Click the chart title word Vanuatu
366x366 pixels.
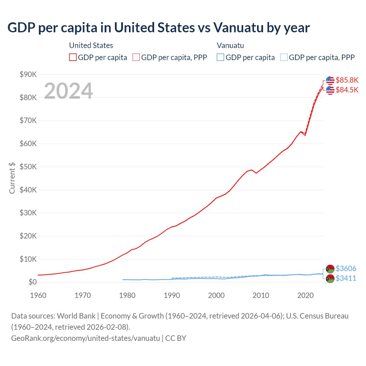pos(238,28)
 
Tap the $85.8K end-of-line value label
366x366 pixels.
pos(347,80)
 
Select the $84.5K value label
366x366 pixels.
pos(347,90)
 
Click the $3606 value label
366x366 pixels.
pos(346,268)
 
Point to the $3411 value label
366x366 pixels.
pos(346,278)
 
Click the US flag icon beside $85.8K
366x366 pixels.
pos(330,80)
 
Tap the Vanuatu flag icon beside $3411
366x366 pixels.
pos(330,279)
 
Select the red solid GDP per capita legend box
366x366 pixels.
pos(73,57)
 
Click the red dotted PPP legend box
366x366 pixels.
pos(136,57)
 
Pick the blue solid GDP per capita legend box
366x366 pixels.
pos(220,57)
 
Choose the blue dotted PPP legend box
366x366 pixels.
pos(284,57)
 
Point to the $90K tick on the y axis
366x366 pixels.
pos(28,75)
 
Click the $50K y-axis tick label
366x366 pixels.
pos(28,167)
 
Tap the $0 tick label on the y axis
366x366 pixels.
pos(33,282)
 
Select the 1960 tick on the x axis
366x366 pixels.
pos(38,295)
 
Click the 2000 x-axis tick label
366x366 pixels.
pos(216,295)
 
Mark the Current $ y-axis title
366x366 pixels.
pos(12,178)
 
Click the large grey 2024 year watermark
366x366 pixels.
pos(68,91)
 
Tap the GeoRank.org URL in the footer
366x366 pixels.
pos(85,338)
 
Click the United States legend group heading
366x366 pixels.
pos(91,45)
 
